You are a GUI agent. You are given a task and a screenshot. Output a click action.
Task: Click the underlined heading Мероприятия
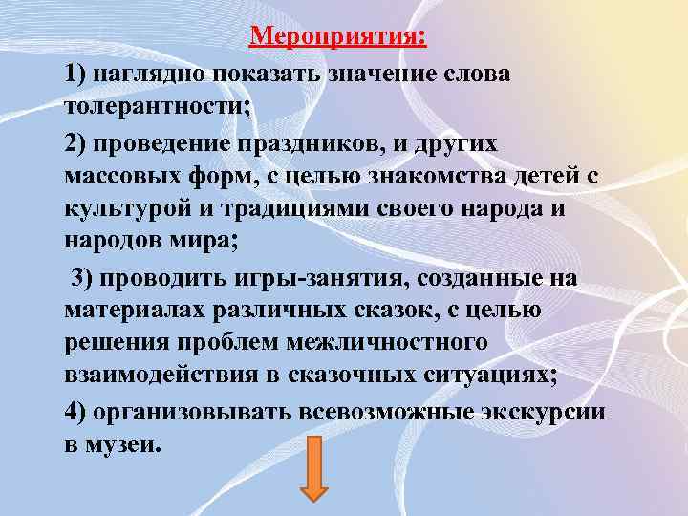coord(338,38)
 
